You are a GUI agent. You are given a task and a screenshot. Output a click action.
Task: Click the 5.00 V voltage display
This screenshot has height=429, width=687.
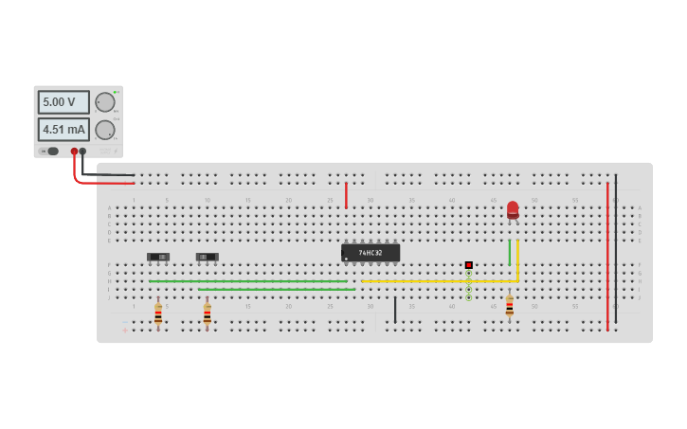click(63, 102)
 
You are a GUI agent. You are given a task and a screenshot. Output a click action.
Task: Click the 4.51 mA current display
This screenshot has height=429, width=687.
click(63, 130)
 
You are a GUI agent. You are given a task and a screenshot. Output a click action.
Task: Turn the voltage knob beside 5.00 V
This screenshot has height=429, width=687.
click(104, 102)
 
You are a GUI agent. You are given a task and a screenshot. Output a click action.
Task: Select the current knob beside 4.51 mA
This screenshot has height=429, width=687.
click(104, 130)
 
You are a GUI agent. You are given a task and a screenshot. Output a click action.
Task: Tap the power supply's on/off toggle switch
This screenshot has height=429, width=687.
click(50, 152)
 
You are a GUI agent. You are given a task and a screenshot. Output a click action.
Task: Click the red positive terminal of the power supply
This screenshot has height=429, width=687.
click(74, 152)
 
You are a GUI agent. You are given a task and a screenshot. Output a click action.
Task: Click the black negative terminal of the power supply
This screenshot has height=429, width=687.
click(83, 152)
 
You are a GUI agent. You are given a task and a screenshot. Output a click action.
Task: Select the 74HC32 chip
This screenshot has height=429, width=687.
click(371, 253)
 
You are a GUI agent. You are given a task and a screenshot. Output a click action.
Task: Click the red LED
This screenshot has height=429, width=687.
click(513, 209)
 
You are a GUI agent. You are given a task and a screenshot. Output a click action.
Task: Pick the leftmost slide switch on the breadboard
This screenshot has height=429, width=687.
click(159, 257)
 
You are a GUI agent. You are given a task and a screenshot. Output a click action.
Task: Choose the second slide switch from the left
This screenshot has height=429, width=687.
click(208, 257)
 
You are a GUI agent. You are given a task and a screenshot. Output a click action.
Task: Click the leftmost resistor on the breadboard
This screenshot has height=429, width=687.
click(158, 313)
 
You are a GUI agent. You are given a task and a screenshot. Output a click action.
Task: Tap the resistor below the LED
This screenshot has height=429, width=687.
click(509, 306)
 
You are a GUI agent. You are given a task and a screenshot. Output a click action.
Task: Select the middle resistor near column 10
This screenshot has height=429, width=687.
click(208, 313)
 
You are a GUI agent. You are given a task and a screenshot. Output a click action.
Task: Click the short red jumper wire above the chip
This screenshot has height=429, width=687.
click(346, 195)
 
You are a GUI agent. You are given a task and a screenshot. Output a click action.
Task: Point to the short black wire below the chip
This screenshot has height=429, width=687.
click(395, 310)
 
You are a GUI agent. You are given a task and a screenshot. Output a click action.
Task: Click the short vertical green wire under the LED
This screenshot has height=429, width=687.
click(509, 252)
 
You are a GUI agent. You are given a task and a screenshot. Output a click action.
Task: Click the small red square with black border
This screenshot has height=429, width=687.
click(468, 265)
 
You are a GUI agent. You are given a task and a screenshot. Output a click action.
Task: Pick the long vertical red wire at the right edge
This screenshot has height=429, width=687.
click(607, 256)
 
